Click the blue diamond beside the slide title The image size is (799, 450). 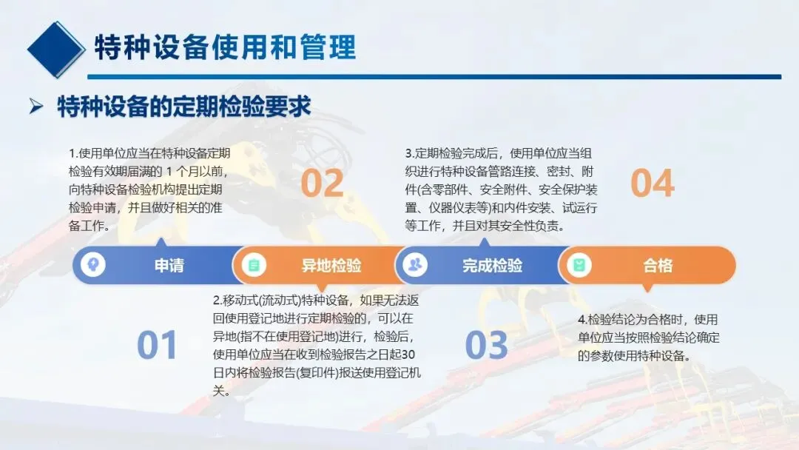tap(55, 50)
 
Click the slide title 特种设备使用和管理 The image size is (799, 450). tap(225, 47)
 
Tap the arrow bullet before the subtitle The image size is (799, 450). tap(36, 106)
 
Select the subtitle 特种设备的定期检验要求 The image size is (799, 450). tap(184, 107)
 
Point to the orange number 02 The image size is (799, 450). tap(322, 183)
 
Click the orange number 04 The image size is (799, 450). tap(653, 183)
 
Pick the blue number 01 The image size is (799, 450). tap(157, 345)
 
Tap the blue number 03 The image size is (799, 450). tap(487, 345)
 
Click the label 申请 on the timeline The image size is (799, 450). tap(169, 266)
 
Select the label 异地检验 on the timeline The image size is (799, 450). tap(331, 266)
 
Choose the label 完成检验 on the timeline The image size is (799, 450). tap(492, 266)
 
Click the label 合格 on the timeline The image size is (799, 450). tap(658, 266)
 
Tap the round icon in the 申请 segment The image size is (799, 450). tap(92, 264)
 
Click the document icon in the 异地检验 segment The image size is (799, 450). tap(254, 265)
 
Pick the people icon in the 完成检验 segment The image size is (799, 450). tap(415, 264)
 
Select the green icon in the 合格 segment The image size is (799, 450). tap(579, 265)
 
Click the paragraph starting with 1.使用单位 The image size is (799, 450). tap(149, 189)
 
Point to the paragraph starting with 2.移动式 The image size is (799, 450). tap(317, 346)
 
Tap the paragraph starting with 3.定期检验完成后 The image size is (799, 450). tap(501, 189)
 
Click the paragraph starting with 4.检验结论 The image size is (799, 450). tap(649, 337)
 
